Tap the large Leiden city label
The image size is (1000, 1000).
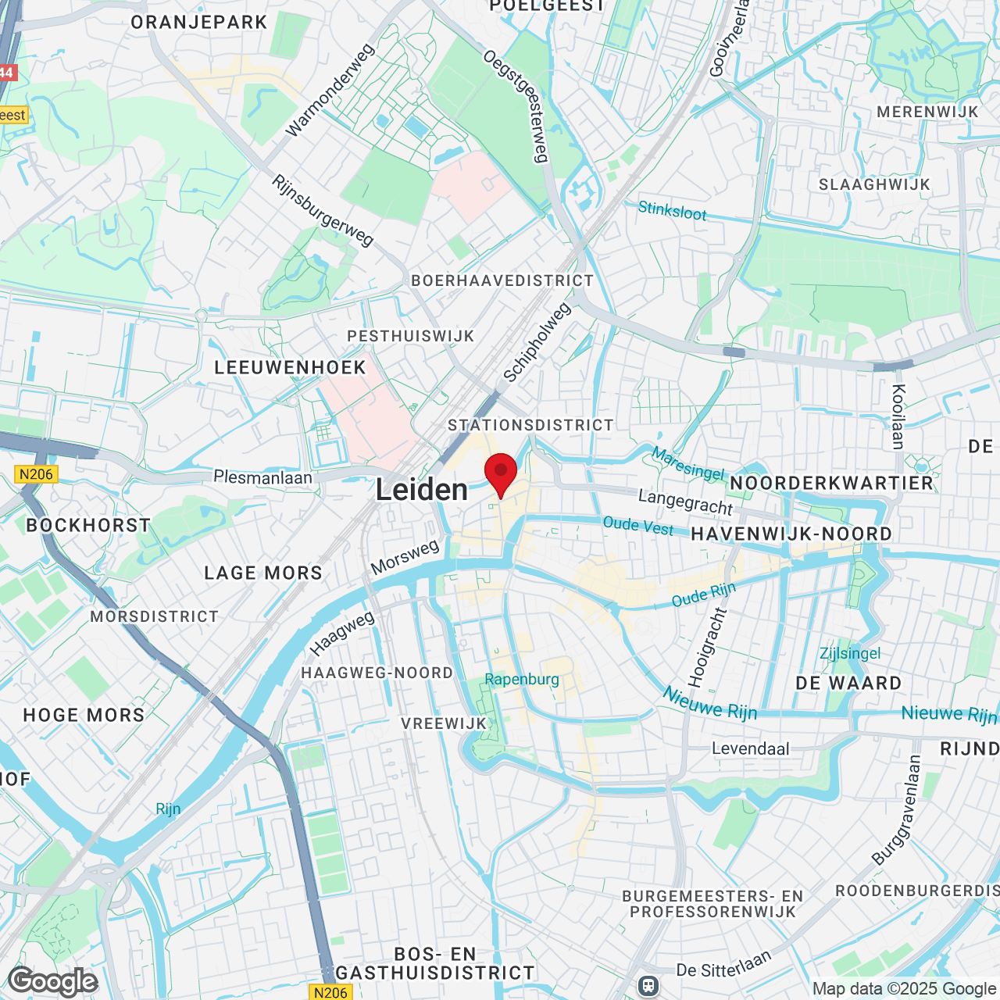click(422, 490)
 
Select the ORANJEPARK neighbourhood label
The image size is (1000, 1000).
click(199, 22)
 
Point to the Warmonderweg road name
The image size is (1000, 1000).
click(330, 91)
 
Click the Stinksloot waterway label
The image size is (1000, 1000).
click(672, 210)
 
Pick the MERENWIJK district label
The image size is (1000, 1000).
click(927, 112)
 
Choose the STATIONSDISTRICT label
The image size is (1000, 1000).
click(530, 425)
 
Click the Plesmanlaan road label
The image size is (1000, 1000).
click(262, 477)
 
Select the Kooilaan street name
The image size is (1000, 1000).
click(898, 416)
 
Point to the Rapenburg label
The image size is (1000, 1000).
click(522, 679)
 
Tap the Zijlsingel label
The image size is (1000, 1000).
click(850, 653)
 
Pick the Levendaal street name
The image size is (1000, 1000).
click(750, 748)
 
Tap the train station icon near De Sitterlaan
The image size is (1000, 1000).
click(648, 986)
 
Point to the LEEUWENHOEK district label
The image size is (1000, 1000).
click(290, 367)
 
